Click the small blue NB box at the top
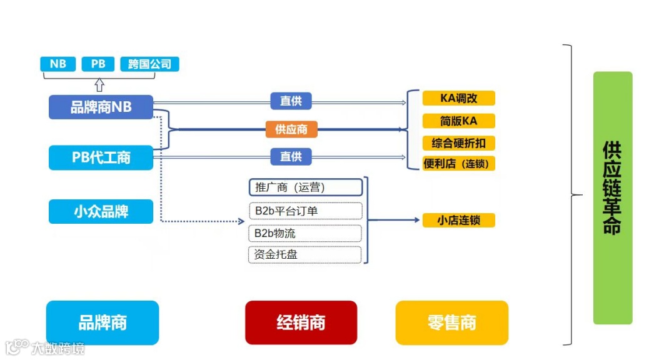(58, 64)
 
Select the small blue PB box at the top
(98, 64)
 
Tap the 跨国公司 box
(149, 64)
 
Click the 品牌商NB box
(101, 107)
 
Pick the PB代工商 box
(101, 157)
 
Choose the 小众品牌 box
(101, 211)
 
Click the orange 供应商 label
(291, 129)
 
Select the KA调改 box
(458, 98)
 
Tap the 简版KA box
(458, 121)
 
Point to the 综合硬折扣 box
(458, 143)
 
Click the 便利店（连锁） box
(458, 164)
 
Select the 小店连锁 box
(458, 220)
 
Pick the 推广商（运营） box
(305, 187)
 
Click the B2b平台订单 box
(305, 211)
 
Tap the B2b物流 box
(305, 233)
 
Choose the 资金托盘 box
(305, 254)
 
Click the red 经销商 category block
(301, 322)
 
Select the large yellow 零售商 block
(451, 322)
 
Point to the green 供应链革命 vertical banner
(612, 197)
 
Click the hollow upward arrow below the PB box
(99, 85)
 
